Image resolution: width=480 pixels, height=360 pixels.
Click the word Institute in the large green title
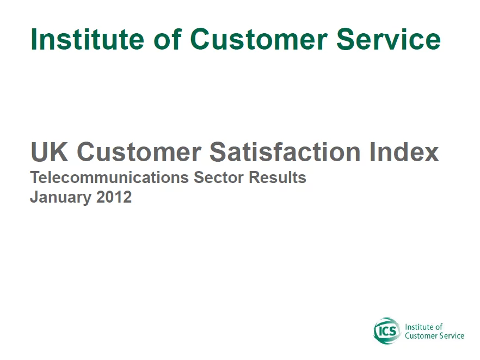pos(87,39)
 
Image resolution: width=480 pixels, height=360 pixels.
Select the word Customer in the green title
pos(259,40)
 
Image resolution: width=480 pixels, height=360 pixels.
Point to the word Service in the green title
pos(389,39)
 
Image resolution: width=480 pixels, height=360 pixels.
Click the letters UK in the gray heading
pos(50,151)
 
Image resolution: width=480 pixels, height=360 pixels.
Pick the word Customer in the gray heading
pos(139,151)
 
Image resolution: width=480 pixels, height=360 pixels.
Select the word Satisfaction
pos(285,151)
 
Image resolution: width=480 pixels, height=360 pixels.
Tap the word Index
pos(404,151)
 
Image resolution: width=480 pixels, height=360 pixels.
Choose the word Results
pos(278,178)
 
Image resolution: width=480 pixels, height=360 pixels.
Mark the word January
pos(60,197)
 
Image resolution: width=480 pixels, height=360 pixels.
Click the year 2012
pos(114,197)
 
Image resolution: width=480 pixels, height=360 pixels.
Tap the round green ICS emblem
pos(386,331)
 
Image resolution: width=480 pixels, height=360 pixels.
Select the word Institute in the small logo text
pos(416,327)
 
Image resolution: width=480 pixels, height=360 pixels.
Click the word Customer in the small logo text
pos(418,336)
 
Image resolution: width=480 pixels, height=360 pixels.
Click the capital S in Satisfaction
pos(219,151)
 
